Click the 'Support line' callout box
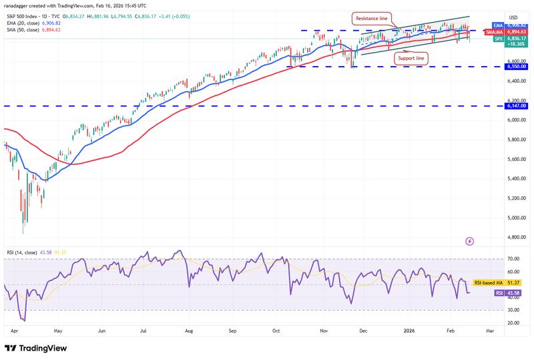pyautogui.click(x=411, y=59)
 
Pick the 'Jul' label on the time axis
pyautogui.click(x=144, y=330)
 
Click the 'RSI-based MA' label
pyautogui.click(x=489, y=283)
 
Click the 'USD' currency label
pyautogui.click(x=513, y=17)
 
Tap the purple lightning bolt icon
pyautogui.click(x=469, y=240)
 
